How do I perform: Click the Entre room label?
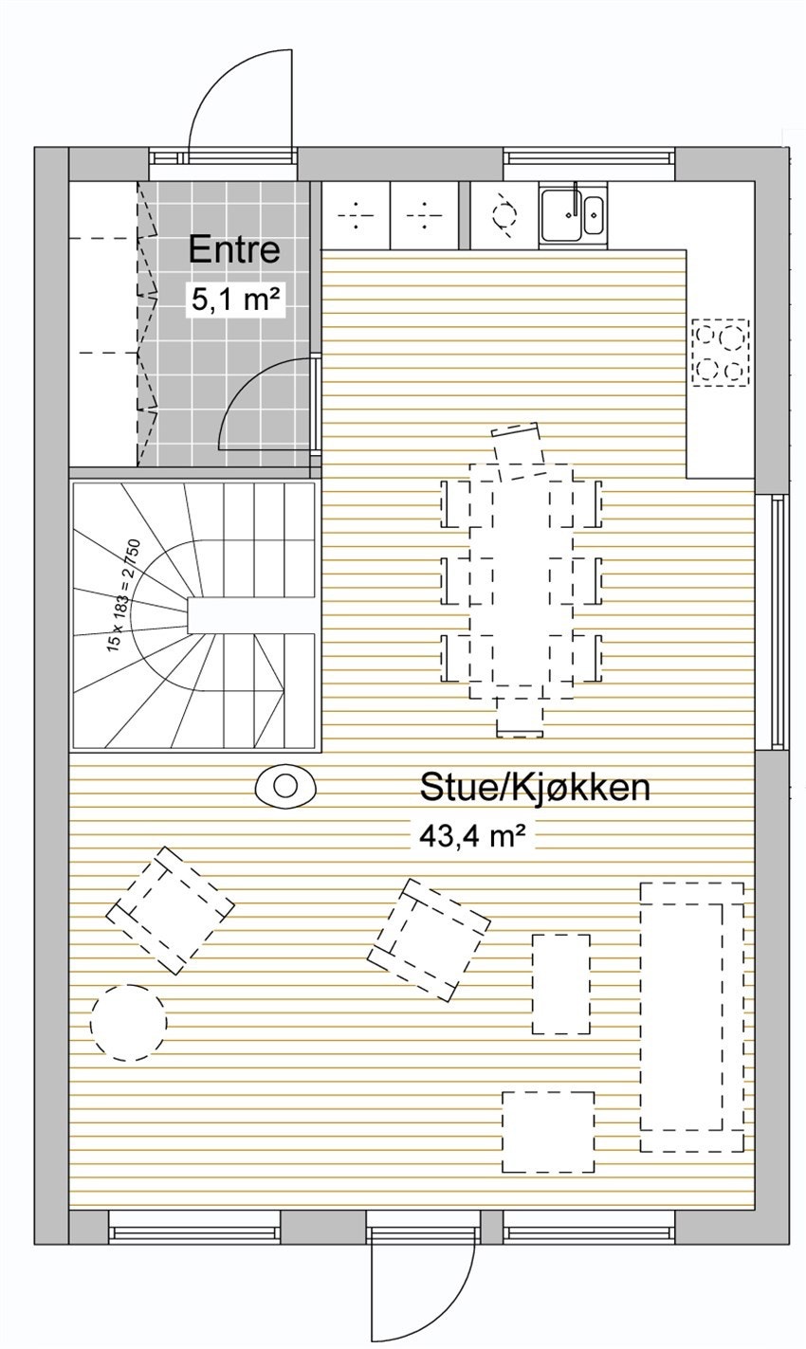[234, 249]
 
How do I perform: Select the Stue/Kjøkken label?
[535, 787]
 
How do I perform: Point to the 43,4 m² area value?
[472, 835]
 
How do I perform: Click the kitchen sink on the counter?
[572, 215]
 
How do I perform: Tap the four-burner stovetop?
[720, 352]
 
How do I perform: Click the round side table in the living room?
[129, 1022]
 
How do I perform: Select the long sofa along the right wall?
[690, 1016]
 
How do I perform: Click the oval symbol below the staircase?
[284, 785]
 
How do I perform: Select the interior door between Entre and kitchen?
[268, 403]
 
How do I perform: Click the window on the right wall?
[778, 622]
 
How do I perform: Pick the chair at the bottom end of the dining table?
[519, 717]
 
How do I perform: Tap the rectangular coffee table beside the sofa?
[560, 984]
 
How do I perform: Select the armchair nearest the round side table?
[170, 910]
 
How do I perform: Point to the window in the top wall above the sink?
[588, 159]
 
